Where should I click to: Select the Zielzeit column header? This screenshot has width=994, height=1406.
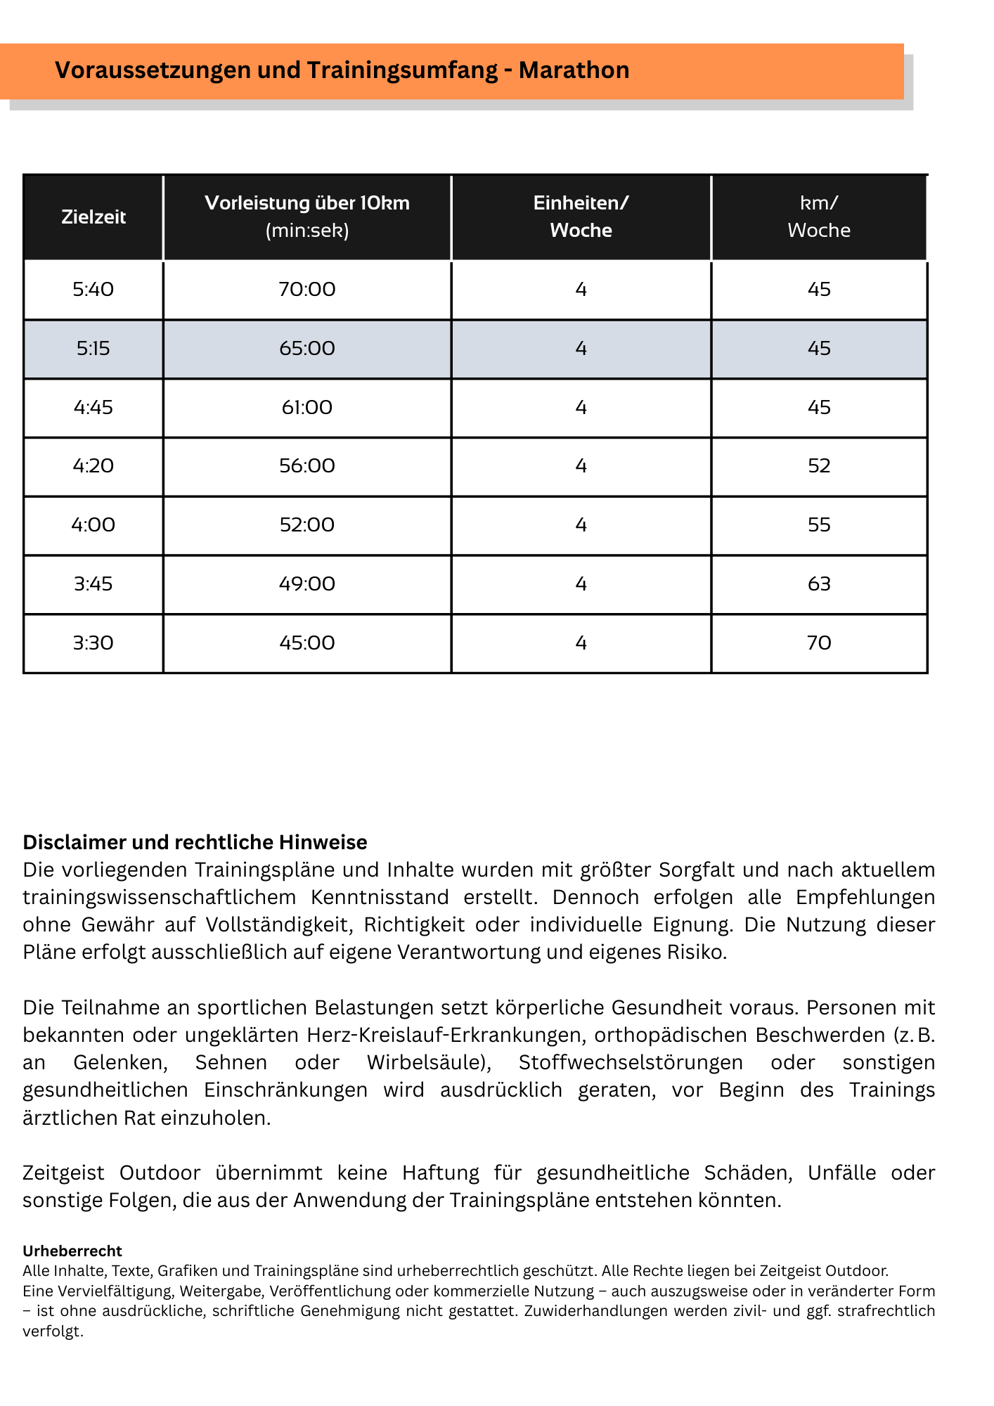[x=93, y=217]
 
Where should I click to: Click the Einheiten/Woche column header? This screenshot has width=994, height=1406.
[x=581, y=217]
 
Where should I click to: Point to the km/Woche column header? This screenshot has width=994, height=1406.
[x=819, y=217]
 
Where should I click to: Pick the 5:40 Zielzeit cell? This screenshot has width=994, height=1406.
[x=93, y=289]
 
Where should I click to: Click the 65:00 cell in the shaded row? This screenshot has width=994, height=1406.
[x=307, y=348]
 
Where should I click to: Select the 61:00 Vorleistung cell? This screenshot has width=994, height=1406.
[x=307, y=407]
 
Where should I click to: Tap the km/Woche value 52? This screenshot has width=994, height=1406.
[x=819, y=465]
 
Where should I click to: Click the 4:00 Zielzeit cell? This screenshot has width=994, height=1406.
[x=93, y=524]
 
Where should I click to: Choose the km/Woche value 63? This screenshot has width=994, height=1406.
[x=819, y=583]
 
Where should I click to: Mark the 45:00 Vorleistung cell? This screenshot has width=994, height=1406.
[x=307, y=643]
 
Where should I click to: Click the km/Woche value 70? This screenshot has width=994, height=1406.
[x=819, y=643]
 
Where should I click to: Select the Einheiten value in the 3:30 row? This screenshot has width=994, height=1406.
[x=581, y=643]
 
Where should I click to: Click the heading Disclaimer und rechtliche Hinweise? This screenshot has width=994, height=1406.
[x=195, y=841]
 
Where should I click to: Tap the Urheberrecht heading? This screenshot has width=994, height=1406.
[x=72, y=1251]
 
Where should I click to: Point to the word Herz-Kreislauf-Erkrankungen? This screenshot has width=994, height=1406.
[x=451, y=1035]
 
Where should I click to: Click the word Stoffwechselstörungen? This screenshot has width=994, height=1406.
[x=631, y=1062]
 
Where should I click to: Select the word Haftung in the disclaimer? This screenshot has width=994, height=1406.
[x=441, y=1173]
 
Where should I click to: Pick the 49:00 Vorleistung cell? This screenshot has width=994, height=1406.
[x=307, y=583]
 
